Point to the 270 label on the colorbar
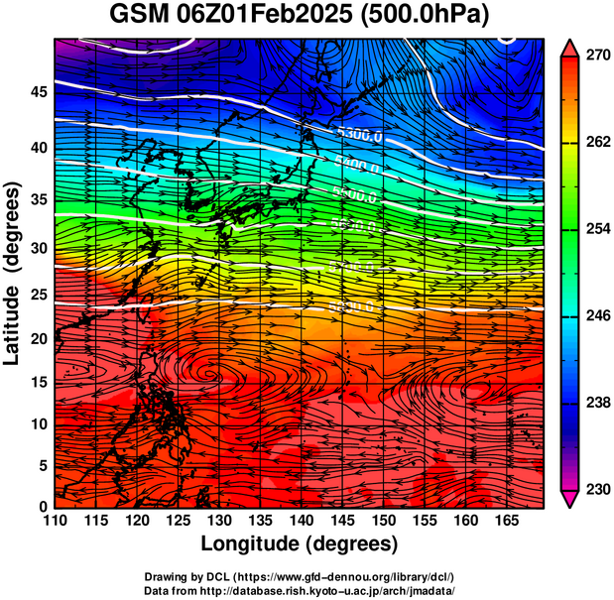tap(599, 57)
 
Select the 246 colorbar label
tap(599, 316)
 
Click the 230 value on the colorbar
tap(599, 490)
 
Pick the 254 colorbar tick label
tap(599, 230)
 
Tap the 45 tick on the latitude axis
tap(37, 92)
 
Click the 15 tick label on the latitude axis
tap(37, 382)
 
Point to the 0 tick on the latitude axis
tap(43, 507)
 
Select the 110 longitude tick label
tap(55, 521)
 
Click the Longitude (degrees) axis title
tap(300, 543)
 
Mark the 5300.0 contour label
tap(359, 134)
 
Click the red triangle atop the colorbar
tap(571, 47)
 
